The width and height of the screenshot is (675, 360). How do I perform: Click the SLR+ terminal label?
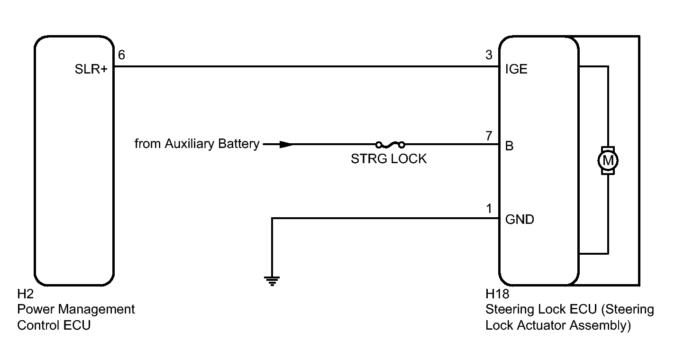tap(91, 69)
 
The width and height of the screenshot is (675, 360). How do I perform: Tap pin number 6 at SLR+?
tap(121, 55)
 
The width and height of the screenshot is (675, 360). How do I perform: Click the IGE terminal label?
tap(516, 69)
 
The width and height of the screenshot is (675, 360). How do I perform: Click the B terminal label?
tap(510, 146)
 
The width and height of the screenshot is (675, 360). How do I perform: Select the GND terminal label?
tap(520, 220)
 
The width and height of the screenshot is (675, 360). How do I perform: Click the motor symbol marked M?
tap(608, 160)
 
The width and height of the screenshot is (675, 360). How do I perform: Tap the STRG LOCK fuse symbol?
tap(390, 144)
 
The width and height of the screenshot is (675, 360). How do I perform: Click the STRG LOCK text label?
tap(389, 159)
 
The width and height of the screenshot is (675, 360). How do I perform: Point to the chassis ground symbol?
tap(272, 281)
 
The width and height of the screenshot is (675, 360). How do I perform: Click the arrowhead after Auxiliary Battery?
tap(286, 144)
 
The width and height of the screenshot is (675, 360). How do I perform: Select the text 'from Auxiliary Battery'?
tap(197, 144)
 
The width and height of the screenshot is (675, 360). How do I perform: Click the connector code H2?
tap(24, 295)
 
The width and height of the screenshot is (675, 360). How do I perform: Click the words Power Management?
tap(76, 310)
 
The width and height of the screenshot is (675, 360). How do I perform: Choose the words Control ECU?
tap(54, 325)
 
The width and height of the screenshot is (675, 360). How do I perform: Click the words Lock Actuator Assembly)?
tap(558, 325)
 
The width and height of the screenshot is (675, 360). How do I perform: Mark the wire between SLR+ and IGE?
tap(303, 66)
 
